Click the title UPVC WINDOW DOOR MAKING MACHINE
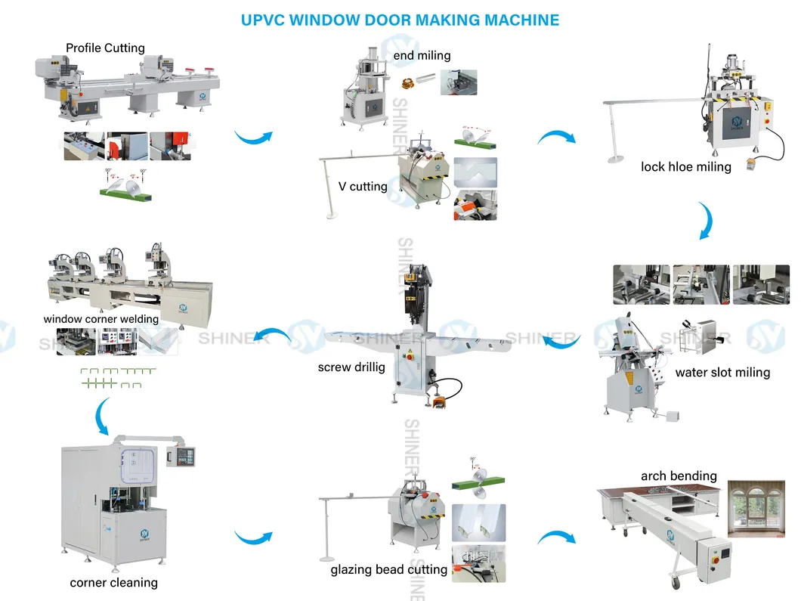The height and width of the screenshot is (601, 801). coord(400,20)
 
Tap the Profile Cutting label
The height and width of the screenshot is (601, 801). coord(105,48)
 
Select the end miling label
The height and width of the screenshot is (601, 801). coord(422,55)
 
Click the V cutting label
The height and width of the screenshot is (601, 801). coord(363,186)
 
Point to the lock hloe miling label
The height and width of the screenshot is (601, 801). coord(685,166)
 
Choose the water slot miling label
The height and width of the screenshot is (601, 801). coord(722,372)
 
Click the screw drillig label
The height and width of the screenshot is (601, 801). coord(351,367)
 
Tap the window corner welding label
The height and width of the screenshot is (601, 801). coord(101,319)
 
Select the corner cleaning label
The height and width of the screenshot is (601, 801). coord(113,582)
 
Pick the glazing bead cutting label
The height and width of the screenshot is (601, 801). coord(388,569)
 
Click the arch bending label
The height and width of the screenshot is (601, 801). coord(679,476)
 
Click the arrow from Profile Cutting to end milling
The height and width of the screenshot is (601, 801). coord(252,138)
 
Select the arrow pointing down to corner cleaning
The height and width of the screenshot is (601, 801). coord(101,416)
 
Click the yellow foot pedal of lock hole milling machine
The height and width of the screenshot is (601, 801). coord(751,163)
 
